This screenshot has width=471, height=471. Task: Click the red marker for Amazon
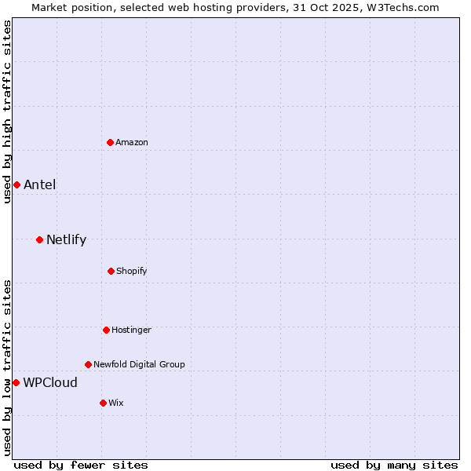[111, 142]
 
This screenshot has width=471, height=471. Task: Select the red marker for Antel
[16, 184]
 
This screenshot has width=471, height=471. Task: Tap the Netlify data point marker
[39, 239]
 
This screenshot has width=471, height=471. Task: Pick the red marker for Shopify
[111, 271]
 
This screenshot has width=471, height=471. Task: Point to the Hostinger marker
[106, 330]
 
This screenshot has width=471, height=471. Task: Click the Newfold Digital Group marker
[88, 364]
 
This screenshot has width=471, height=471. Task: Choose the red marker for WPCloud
[16, 382]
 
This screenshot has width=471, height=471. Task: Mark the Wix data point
[103, 403]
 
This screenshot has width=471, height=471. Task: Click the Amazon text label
[132, 142]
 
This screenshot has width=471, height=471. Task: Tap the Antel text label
[39, 185]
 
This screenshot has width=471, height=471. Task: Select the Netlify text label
[66, 240]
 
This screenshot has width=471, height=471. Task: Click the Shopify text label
[132, 271]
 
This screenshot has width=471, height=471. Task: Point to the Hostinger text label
[131, 330]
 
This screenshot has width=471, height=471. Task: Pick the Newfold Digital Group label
[139, 364]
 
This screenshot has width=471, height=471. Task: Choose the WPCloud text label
[50, 383]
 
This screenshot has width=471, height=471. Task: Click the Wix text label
[116, 403]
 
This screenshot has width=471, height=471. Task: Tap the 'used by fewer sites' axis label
[81, 465]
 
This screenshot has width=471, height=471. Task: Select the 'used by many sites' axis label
[394, 465]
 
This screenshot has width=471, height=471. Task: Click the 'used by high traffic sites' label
[7, 111]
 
